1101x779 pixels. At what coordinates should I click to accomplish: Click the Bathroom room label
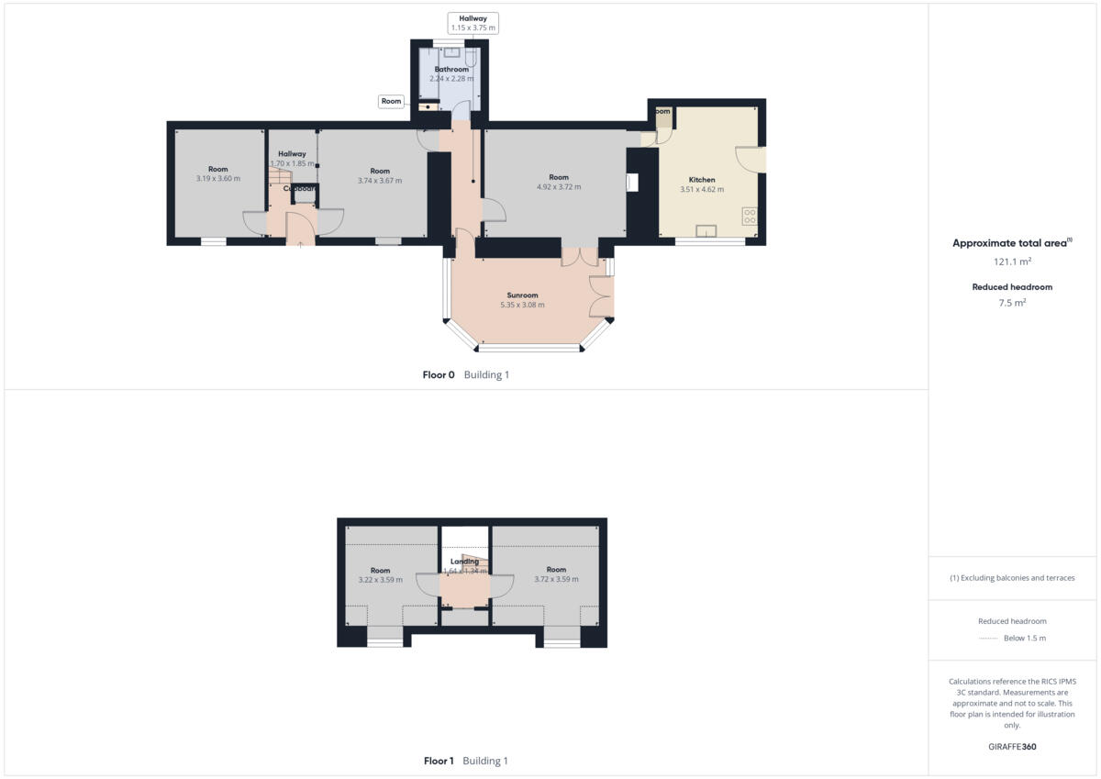[x=451, y=70]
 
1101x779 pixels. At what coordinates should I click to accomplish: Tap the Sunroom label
[x=522, y=295]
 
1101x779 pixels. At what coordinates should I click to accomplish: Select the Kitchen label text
[x=702, y=180]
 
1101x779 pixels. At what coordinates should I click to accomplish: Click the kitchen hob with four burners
[x=750, y=217]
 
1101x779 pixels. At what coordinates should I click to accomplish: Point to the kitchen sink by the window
[x=706, y=230]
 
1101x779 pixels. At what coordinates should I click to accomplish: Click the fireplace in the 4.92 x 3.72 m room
[x=632, y=183]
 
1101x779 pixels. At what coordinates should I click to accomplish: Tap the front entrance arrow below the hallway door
[x=300, y=244]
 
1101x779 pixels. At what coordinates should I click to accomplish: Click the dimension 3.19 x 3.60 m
[x=217, y=179]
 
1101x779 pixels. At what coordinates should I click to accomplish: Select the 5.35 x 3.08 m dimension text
[x=522, y=306]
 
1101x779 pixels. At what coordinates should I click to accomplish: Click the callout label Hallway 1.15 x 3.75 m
[x=473, y=23]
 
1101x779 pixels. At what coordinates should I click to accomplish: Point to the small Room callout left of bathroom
[x=392, y=102]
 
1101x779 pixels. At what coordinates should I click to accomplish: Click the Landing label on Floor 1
[x=464, y=562]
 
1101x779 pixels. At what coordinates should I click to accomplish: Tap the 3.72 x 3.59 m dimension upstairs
[x=556, y=580]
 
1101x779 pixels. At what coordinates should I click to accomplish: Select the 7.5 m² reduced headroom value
[x=1012, y=303]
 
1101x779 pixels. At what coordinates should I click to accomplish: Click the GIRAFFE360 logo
[x=1012, y=747]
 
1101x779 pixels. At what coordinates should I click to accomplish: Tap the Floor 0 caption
[x=438, y=375]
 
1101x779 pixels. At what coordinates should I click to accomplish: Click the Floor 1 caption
[x=439, y=761]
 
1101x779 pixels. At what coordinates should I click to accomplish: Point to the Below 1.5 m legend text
[x=1024, y=639]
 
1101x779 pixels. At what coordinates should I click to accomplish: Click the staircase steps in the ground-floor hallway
[x=280, y=174]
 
